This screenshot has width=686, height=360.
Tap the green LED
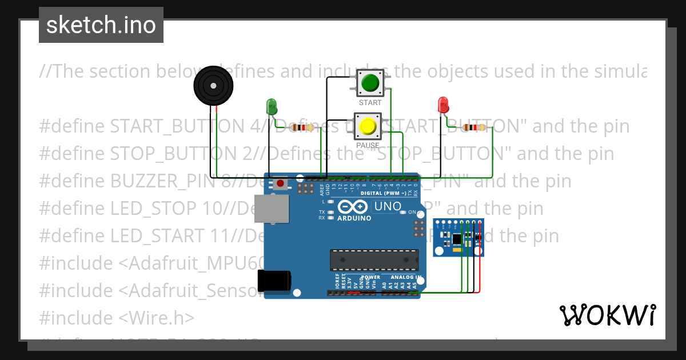[272, 106]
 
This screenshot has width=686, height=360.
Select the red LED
[443, 105]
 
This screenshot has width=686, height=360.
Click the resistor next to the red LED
[473, 127]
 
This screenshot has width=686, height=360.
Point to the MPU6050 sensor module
[458, 237]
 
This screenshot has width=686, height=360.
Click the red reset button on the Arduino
[281, 183]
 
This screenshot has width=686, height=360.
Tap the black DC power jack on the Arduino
[274, 281]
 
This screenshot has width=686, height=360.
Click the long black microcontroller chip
[374, 259]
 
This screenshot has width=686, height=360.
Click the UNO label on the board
[387, 206]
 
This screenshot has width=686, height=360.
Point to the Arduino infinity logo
[353, 207]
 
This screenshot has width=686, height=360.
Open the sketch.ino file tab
[101, 25]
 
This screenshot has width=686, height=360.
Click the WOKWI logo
[607, 315]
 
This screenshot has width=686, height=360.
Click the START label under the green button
[370, 103]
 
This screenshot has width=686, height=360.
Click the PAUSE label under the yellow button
[368, 146]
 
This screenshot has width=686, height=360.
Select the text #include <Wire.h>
[117, 318]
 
